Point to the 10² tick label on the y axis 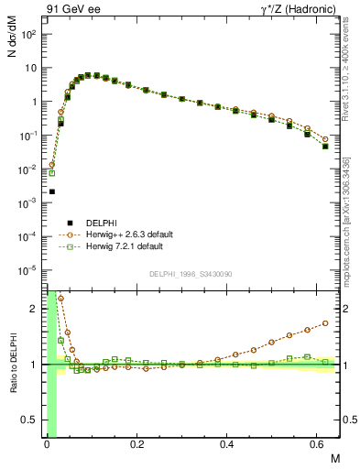click(x=29, y=34)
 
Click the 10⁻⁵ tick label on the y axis click(x=29, y=270)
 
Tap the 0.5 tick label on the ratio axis click(x=31, y=420)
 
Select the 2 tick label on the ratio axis click(x=36, y=309)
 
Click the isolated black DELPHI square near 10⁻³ click(x=52, y=191)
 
